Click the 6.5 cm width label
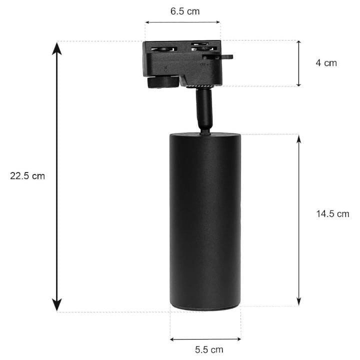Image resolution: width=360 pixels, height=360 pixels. coord(184,11)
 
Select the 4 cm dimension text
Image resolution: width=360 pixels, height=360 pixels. coord(326,63)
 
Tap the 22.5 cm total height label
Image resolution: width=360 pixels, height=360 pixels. coord(27,176)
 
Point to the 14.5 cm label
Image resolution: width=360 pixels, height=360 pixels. coord(332,214)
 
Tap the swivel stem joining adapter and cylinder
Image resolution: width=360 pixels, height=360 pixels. coord(203,110)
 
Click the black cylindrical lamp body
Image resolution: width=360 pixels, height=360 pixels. coord(205,220)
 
